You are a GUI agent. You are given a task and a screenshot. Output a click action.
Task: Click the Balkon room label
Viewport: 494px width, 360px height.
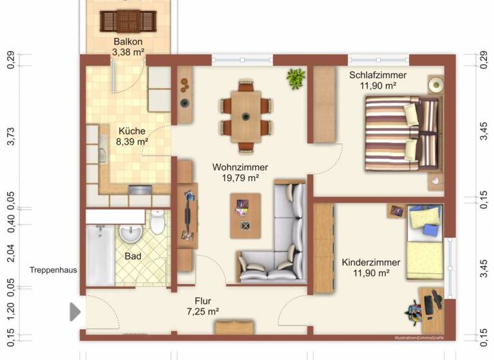click(x=128, y=42)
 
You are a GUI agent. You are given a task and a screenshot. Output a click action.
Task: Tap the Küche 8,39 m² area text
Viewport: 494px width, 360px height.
click(x=132, y=141)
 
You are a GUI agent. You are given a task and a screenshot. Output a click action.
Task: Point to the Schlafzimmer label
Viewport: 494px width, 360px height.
click(x=378, y=75)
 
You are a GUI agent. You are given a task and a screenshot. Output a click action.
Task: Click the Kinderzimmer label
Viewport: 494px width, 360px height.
click(x=371, y=262)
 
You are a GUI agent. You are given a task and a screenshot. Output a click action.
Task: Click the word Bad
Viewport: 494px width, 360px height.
click(x=133, y=256)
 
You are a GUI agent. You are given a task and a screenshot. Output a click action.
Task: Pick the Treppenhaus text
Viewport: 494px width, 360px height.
click(x=53, y=271)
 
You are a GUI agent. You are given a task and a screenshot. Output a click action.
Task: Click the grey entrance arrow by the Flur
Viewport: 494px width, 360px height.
click(x=75, y=312)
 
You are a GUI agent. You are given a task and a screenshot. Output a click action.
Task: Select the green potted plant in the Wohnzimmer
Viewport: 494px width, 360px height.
click(x=296, y=78)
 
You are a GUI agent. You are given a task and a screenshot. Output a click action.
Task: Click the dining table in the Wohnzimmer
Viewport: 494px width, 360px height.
click(x=245, y=116)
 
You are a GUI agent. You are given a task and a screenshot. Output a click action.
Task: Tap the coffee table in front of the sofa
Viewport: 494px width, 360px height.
click(x=245, y=212)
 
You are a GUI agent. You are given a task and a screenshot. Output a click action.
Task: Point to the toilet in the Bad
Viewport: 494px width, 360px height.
click(x=158, y=224)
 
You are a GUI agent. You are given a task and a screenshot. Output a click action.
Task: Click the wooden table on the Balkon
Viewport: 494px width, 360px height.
click(x=128, y=21)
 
